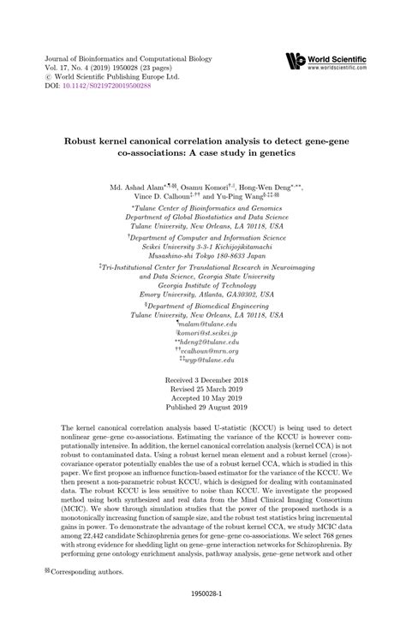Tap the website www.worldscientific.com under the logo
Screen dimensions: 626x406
click(x=337, y=67)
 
